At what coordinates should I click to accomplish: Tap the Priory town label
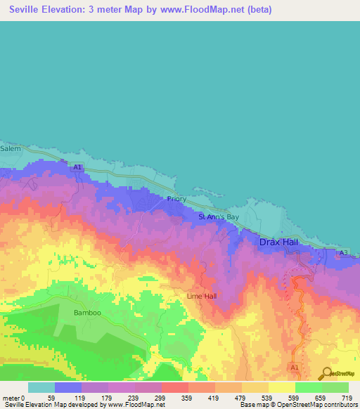point(177,199)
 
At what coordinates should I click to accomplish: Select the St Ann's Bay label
point(219,217)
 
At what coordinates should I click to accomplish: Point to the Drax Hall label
point(280,242)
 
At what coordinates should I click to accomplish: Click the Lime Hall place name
point(201,296)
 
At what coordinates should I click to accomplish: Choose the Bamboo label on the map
point(87,312)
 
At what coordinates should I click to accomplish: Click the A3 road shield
point(344,252)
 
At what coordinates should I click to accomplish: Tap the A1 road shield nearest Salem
point(78,167)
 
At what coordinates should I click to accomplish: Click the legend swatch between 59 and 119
point(67,387)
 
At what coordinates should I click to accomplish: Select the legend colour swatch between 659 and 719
point(335,387)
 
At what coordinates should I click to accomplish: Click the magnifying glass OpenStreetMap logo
point(327,373)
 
